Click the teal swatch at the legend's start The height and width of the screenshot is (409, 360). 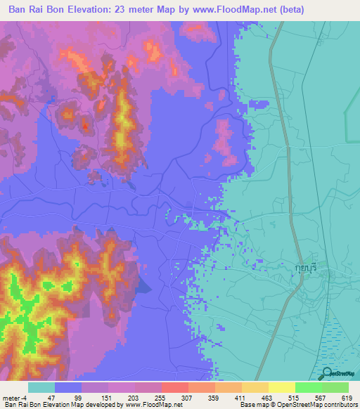[x=41, y=387]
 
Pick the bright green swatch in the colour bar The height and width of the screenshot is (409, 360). [x=308, y=387]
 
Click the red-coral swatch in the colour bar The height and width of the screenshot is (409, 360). [x=174, y=387]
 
